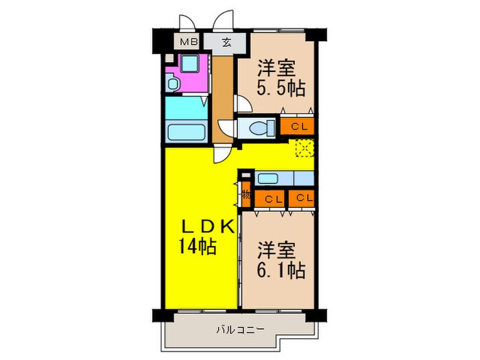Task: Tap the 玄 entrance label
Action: [226, 43]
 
